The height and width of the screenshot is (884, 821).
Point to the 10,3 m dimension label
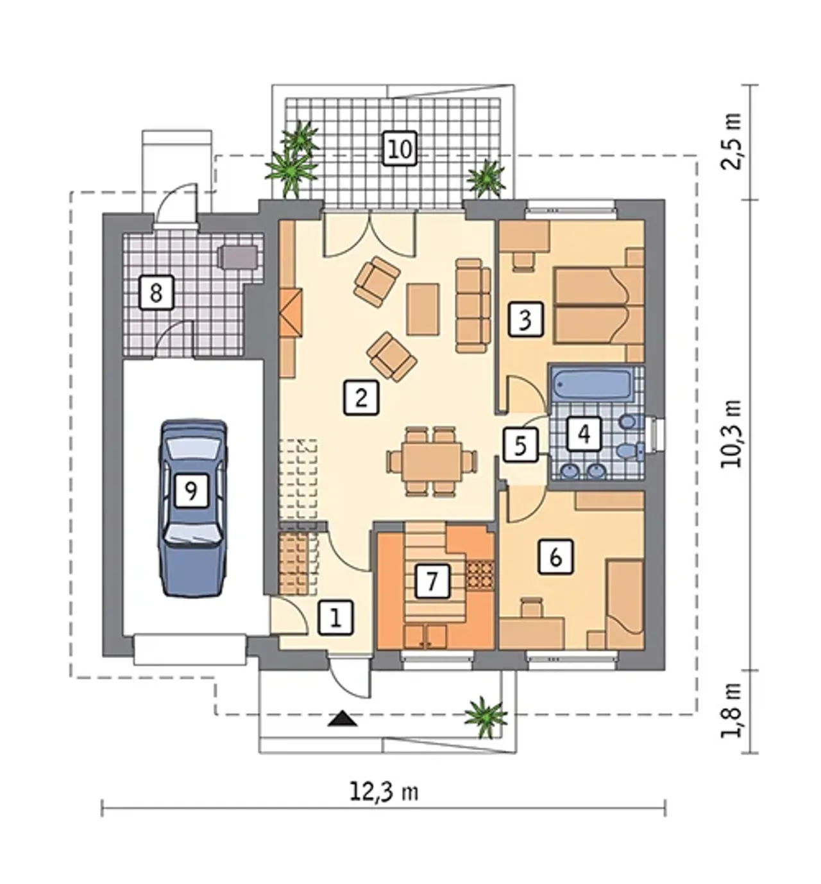732,435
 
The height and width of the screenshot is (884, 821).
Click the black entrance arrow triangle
343,718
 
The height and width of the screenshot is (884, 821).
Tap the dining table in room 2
432,461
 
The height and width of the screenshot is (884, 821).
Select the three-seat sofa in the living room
473,306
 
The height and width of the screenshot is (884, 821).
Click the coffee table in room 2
423,310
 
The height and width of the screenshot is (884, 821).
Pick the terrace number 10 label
400,149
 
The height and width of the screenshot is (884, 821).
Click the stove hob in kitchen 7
480,574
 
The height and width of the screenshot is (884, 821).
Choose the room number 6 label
555,557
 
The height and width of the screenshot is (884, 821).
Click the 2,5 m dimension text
732,141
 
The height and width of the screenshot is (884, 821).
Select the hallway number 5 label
520,445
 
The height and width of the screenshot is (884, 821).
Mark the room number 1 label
336,618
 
